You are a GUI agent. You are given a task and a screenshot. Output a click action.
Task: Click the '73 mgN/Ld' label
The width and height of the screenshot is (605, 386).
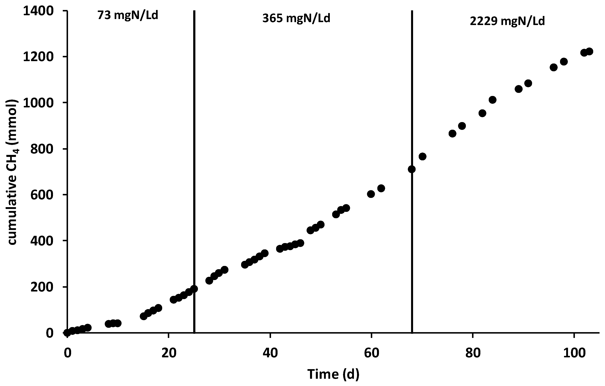click(128, 16)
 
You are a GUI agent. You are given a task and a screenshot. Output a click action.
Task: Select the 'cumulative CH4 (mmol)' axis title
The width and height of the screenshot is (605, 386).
click(12, 172)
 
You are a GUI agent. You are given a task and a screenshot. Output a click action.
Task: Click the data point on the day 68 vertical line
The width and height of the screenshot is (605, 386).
click(412, 169)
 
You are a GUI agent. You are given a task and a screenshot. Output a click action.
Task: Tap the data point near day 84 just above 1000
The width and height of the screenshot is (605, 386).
click(493, 100)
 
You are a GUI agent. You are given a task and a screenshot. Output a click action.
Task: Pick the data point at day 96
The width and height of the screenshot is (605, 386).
click(554, 67)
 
